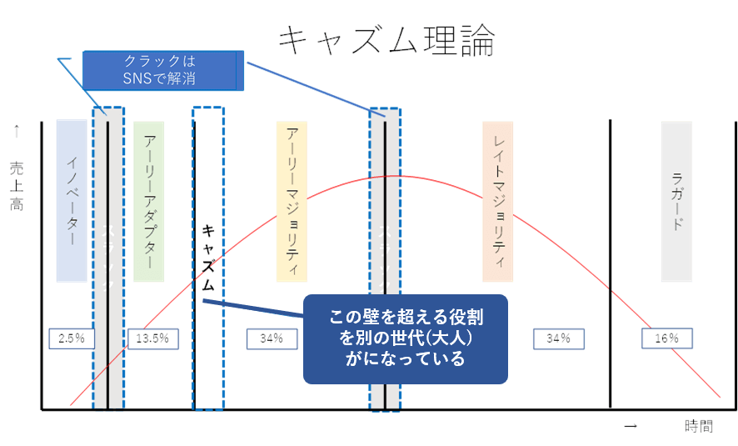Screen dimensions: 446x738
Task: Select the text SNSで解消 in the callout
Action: click(x=163, y=78)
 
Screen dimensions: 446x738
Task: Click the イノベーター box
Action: click(x=72, y=200)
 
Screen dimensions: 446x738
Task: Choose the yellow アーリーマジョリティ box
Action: click(x=292, y=200)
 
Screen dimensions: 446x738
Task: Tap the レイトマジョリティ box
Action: click(x=498, y=200)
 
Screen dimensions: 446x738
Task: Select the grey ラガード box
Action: click(x=676, y=200)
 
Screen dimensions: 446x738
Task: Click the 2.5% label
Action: click(x=72, y=338)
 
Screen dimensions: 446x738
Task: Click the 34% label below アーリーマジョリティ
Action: click(x=271, y=338)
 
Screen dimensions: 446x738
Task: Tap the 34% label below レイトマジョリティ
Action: click(x=557, y=338)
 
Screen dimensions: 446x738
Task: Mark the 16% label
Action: click(x=666, y=338)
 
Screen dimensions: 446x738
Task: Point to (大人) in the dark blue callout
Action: click(x=453, y=339)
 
